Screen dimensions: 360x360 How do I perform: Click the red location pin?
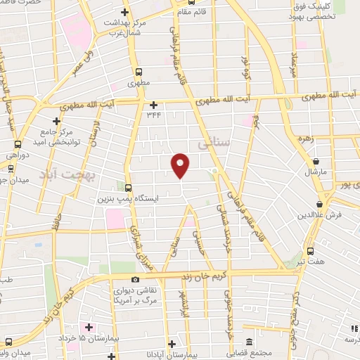coord(181,165)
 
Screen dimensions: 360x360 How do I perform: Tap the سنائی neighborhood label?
coord(213,144)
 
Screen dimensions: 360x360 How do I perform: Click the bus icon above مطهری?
coord(138,71)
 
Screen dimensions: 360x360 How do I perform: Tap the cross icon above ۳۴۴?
coord(153,105)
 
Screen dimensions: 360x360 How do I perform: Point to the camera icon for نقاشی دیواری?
coord(135,280)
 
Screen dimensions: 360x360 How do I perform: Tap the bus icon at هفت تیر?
coord(311,250)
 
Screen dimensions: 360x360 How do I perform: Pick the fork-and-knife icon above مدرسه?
coord(354,328)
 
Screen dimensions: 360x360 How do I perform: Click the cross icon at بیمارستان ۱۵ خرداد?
coord(88,328)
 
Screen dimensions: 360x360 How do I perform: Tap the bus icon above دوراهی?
coord(10,167)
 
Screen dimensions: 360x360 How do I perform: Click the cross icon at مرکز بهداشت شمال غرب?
coord(124,12)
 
